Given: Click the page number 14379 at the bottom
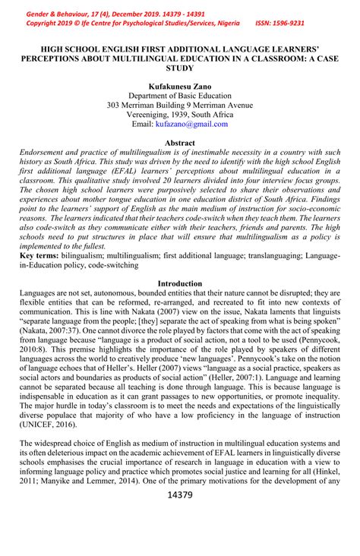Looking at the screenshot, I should pos(179,495).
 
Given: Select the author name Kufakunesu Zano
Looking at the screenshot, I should pos(180,86).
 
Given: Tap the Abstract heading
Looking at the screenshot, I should pos(180,143).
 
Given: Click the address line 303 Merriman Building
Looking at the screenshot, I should pos(180,105).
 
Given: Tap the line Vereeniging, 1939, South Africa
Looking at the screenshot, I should pos(180,114).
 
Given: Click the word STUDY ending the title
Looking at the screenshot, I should pos(180,67).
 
